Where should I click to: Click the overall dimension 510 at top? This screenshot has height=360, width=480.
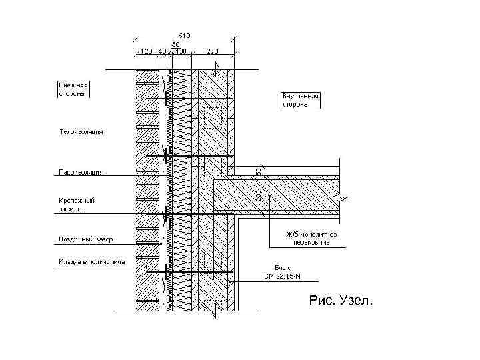pyautogui.click(x=184, y=35)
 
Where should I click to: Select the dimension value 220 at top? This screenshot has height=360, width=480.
pyautogui.click(x=213, y=51)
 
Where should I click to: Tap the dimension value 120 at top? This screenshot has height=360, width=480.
pyautogui.click(x=145, y=51)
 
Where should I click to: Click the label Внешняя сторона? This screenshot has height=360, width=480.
pyautogui.click(x=73, y=89)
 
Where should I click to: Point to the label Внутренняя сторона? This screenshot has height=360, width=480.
pyautogui.click(x=301, y=100)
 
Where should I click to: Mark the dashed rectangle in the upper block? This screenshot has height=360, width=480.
pyautogui.click(x=213, y=117)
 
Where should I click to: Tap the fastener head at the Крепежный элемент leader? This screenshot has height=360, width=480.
pyautogui.click(x=163, y=213)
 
